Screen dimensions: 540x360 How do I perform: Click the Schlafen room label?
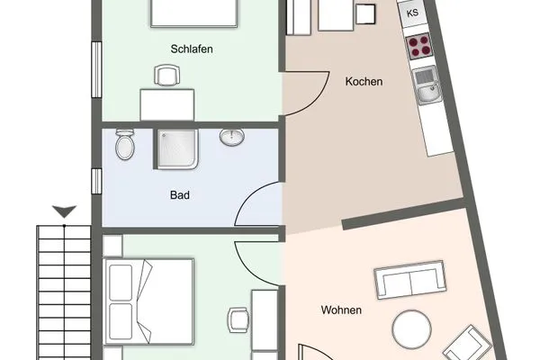(x=192, y=49)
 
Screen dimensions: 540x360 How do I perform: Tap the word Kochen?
(x=364, y=82)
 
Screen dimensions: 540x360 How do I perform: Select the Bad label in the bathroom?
(x=180, y=195)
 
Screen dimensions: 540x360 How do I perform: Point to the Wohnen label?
(x=341, y=310)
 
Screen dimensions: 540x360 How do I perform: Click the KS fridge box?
(x=412, y=13)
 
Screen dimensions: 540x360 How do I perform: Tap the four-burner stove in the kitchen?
(x=418, y=46)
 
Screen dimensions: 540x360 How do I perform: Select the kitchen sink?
(x=426, y=85)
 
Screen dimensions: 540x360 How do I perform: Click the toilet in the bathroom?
(x=125, y=144)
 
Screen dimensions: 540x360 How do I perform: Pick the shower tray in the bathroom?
(x=177, y=149)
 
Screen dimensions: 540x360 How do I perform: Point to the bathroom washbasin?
(x=232, y=137)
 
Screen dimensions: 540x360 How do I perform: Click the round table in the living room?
(x=412, y=329)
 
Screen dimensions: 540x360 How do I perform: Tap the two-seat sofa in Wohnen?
(x=409, y=280)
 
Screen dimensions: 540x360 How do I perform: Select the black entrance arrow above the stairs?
(x=65, y=211)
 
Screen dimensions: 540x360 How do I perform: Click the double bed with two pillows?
(x=148, y=301)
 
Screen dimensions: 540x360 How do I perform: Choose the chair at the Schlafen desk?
(x=167, y=75)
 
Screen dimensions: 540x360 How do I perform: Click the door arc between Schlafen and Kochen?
(x=317, y=99)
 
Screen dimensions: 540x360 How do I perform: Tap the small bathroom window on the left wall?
(x=96, y=181)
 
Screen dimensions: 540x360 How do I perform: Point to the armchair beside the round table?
(x=468, y=344)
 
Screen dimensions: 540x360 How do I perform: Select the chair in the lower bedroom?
(x=238, y=320)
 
